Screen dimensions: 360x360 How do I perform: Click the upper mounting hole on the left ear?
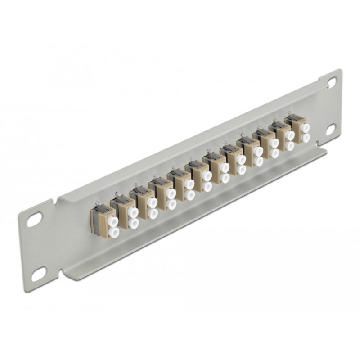pyautogui.click(x=35, y=220)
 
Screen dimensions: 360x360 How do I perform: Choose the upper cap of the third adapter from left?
pyautogui.click(x=152, y=203)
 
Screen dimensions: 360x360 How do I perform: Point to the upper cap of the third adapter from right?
pyautogui.click(x=274, y=143)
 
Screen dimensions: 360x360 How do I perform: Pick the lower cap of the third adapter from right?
pyautogui.click(x=274, y=153)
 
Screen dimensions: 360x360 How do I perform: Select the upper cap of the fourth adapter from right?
pyautogui.click(x=258, y=151)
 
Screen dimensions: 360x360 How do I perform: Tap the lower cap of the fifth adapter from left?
pyautogui.click(x=189, y=195)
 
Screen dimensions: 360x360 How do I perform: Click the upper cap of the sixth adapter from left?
pyautogui.click(x=207, y=175)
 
